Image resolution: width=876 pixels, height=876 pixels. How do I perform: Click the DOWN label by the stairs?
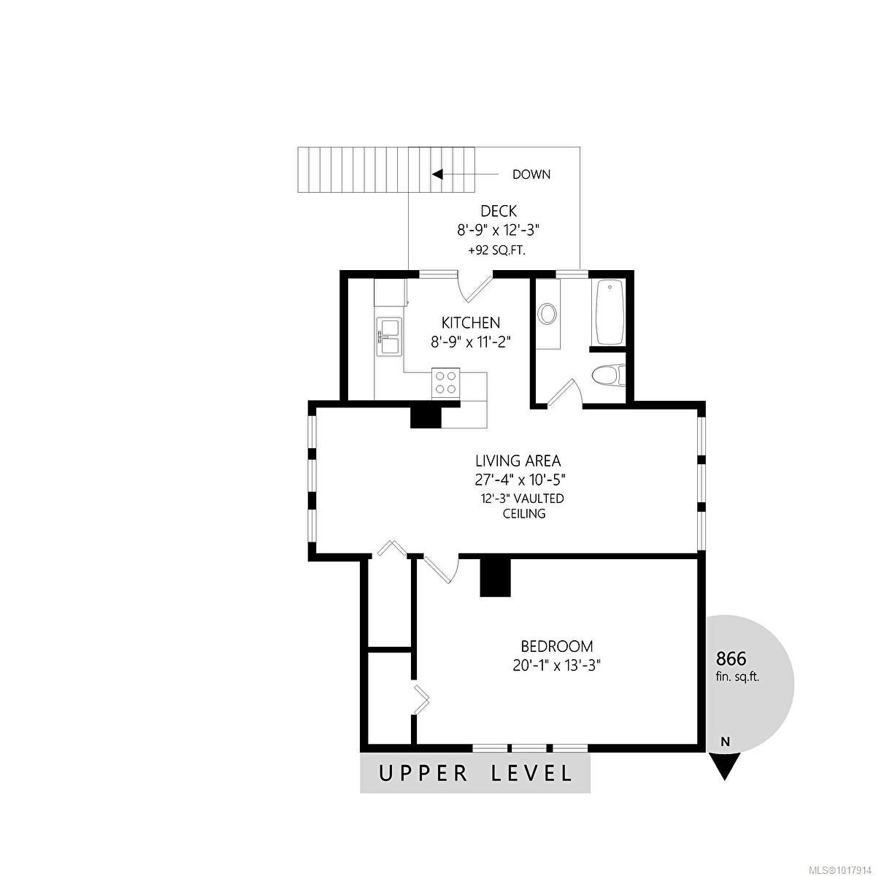(531, 174)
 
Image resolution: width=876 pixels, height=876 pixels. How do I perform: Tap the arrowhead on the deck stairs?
(437, 174)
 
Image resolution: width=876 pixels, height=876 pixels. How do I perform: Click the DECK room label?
(499, 211)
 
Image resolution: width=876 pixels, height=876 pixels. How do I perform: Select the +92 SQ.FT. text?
(497, 250)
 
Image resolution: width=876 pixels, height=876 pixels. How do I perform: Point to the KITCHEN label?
(471, 323)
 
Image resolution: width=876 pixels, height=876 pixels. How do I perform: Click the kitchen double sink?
(388, 337)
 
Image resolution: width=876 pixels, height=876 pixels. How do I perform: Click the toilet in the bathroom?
(609, 375)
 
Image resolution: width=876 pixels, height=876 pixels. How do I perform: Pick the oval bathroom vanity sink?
(547, 314)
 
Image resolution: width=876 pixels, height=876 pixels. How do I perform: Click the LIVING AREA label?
(518, 461)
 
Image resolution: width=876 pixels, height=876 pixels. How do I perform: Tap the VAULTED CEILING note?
(523, 505)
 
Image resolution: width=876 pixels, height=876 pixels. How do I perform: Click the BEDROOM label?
(557, 645)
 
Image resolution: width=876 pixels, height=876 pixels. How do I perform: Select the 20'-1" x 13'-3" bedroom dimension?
(557, 666)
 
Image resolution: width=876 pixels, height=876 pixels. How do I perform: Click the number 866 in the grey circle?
(731, 658)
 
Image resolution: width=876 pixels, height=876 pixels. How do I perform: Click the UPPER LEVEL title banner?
(475, 773)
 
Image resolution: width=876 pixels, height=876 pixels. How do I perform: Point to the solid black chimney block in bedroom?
(496, 577)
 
